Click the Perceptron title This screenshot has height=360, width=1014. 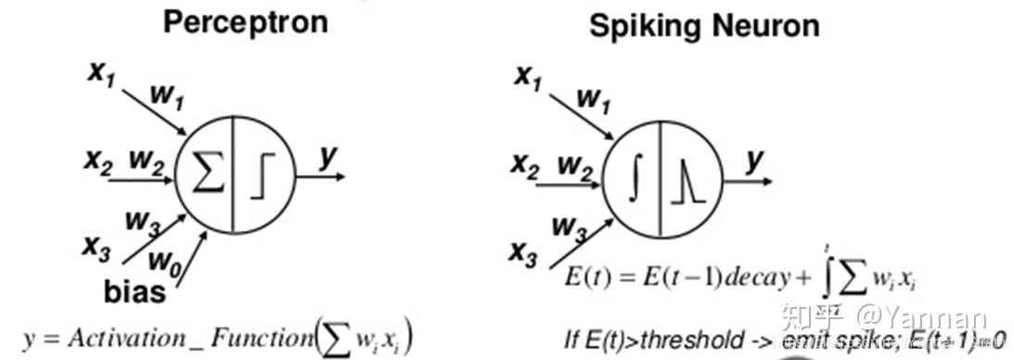[245, 21]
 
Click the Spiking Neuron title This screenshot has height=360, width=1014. [704, 25]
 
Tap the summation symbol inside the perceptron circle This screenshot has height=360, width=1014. [208, 174]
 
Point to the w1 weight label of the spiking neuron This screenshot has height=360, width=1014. [594, 98]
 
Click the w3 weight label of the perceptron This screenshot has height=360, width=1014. [143, 222]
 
